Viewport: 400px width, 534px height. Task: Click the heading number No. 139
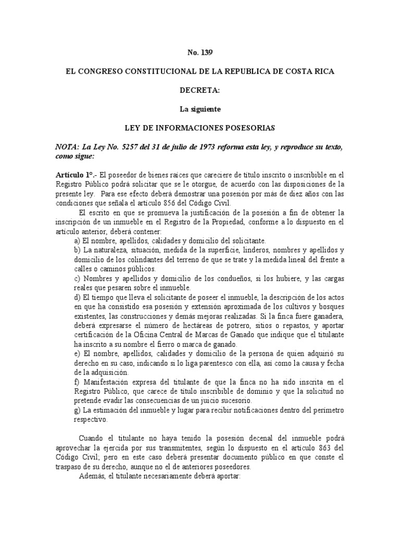200,53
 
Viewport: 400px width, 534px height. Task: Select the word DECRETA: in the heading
200,90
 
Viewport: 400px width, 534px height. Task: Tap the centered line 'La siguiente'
200,109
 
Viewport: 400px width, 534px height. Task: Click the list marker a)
78,240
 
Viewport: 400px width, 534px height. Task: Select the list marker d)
78,297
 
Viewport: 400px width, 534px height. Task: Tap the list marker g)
78,409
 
